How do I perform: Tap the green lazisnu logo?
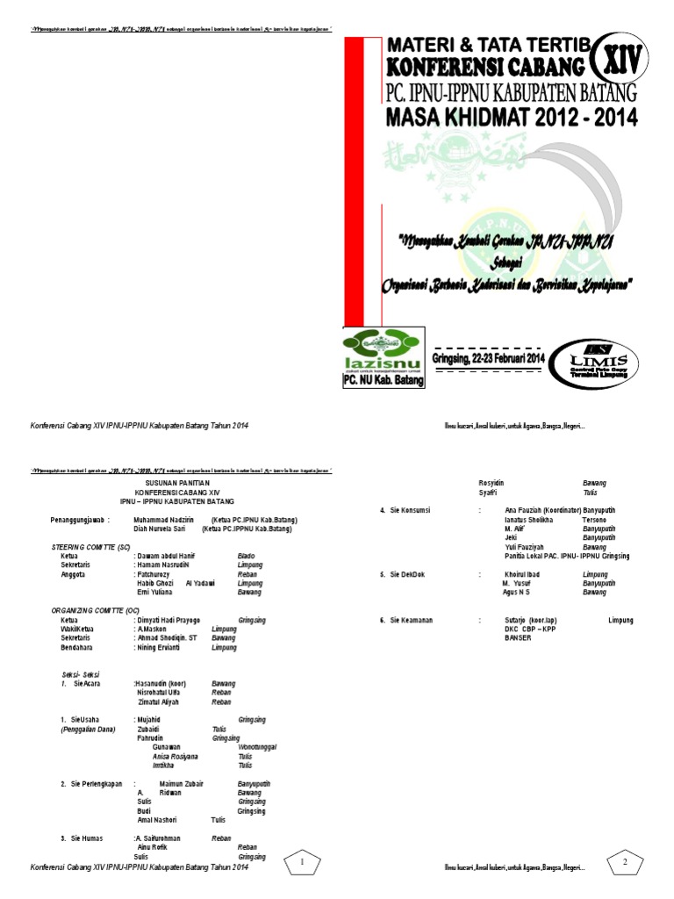(x=381, y=350)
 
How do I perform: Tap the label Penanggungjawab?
(x=80, y=520)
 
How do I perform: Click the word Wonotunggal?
(x=257, y=746)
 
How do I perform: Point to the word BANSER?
(x=518, y=637)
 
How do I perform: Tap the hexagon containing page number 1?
(x=302, y=861)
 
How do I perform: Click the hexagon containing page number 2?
(x=625, y=861)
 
